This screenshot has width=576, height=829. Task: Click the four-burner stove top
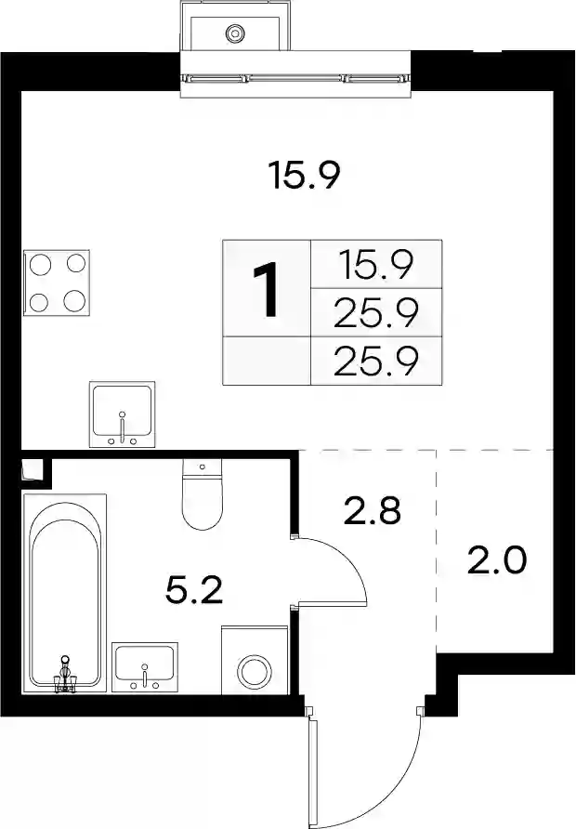pos(57,283)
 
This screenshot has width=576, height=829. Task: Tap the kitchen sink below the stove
pos(122,414)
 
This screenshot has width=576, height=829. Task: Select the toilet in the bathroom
pos(202,493)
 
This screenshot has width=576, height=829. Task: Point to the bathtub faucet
pos(65,674)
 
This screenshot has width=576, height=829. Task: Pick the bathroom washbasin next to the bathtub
pos(145,667)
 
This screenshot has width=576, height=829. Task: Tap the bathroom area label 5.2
pos(194,590)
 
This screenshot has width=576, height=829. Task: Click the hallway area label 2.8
pos(372,511)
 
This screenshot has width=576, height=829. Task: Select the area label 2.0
pos(497,560)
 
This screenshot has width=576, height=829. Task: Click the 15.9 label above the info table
pos(303,175)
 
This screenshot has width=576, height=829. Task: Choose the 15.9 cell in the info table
pos(376,264)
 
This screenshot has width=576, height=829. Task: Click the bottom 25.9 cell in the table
pos(376,361)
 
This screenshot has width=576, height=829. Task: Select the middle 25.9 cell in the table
pos(376,313)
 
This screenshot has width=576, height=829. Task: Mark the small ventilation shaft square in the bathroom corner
pos(33,470)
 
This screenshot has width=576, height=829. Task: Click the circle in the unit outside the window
pos(235,33)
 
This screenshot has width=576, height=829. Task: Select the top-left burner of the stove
pos(40,264)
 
